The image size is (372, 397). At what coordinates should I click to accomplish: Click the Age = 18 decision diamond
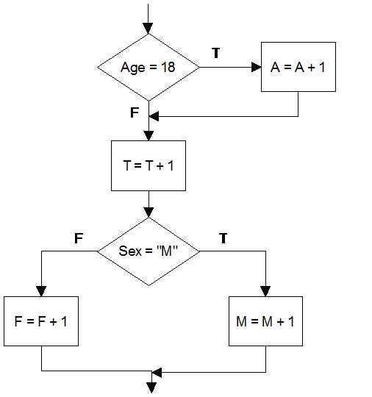click(149, 67)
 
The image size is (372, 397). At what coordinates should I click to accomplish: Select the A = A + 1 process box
click(298, 67)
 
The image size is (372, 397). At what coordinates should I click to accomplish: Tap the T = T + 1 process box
click(149, 165)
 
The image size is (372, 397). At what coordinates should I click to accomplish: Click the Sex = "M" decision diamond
click(149, 251)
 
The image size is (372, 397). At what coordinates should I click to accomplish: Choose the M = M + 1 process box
click(265, 321)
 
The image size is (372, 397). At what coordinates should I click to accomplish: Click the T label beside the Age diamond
click(215, 54)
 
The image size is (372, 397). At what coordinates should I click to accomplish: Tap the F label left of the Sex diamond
click(79, 238)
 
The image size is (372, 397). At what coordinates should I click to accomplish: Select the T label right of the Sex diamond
click(223, 238)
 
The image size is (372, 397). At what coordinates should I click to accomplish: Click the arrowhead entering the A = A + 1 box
click(257, 67)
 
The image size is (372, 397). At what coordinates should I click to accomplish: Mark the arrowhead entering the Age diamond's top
click(149, 28)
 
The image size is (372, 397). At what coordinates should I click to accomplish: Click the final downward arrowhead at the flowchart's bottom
click(153, 387)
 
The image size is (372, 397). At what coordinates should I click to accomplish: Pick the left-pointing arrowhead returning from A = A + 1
click(154, 115)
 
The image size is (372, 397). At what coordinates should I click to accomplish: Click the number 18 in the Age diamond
click(168, 67)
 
